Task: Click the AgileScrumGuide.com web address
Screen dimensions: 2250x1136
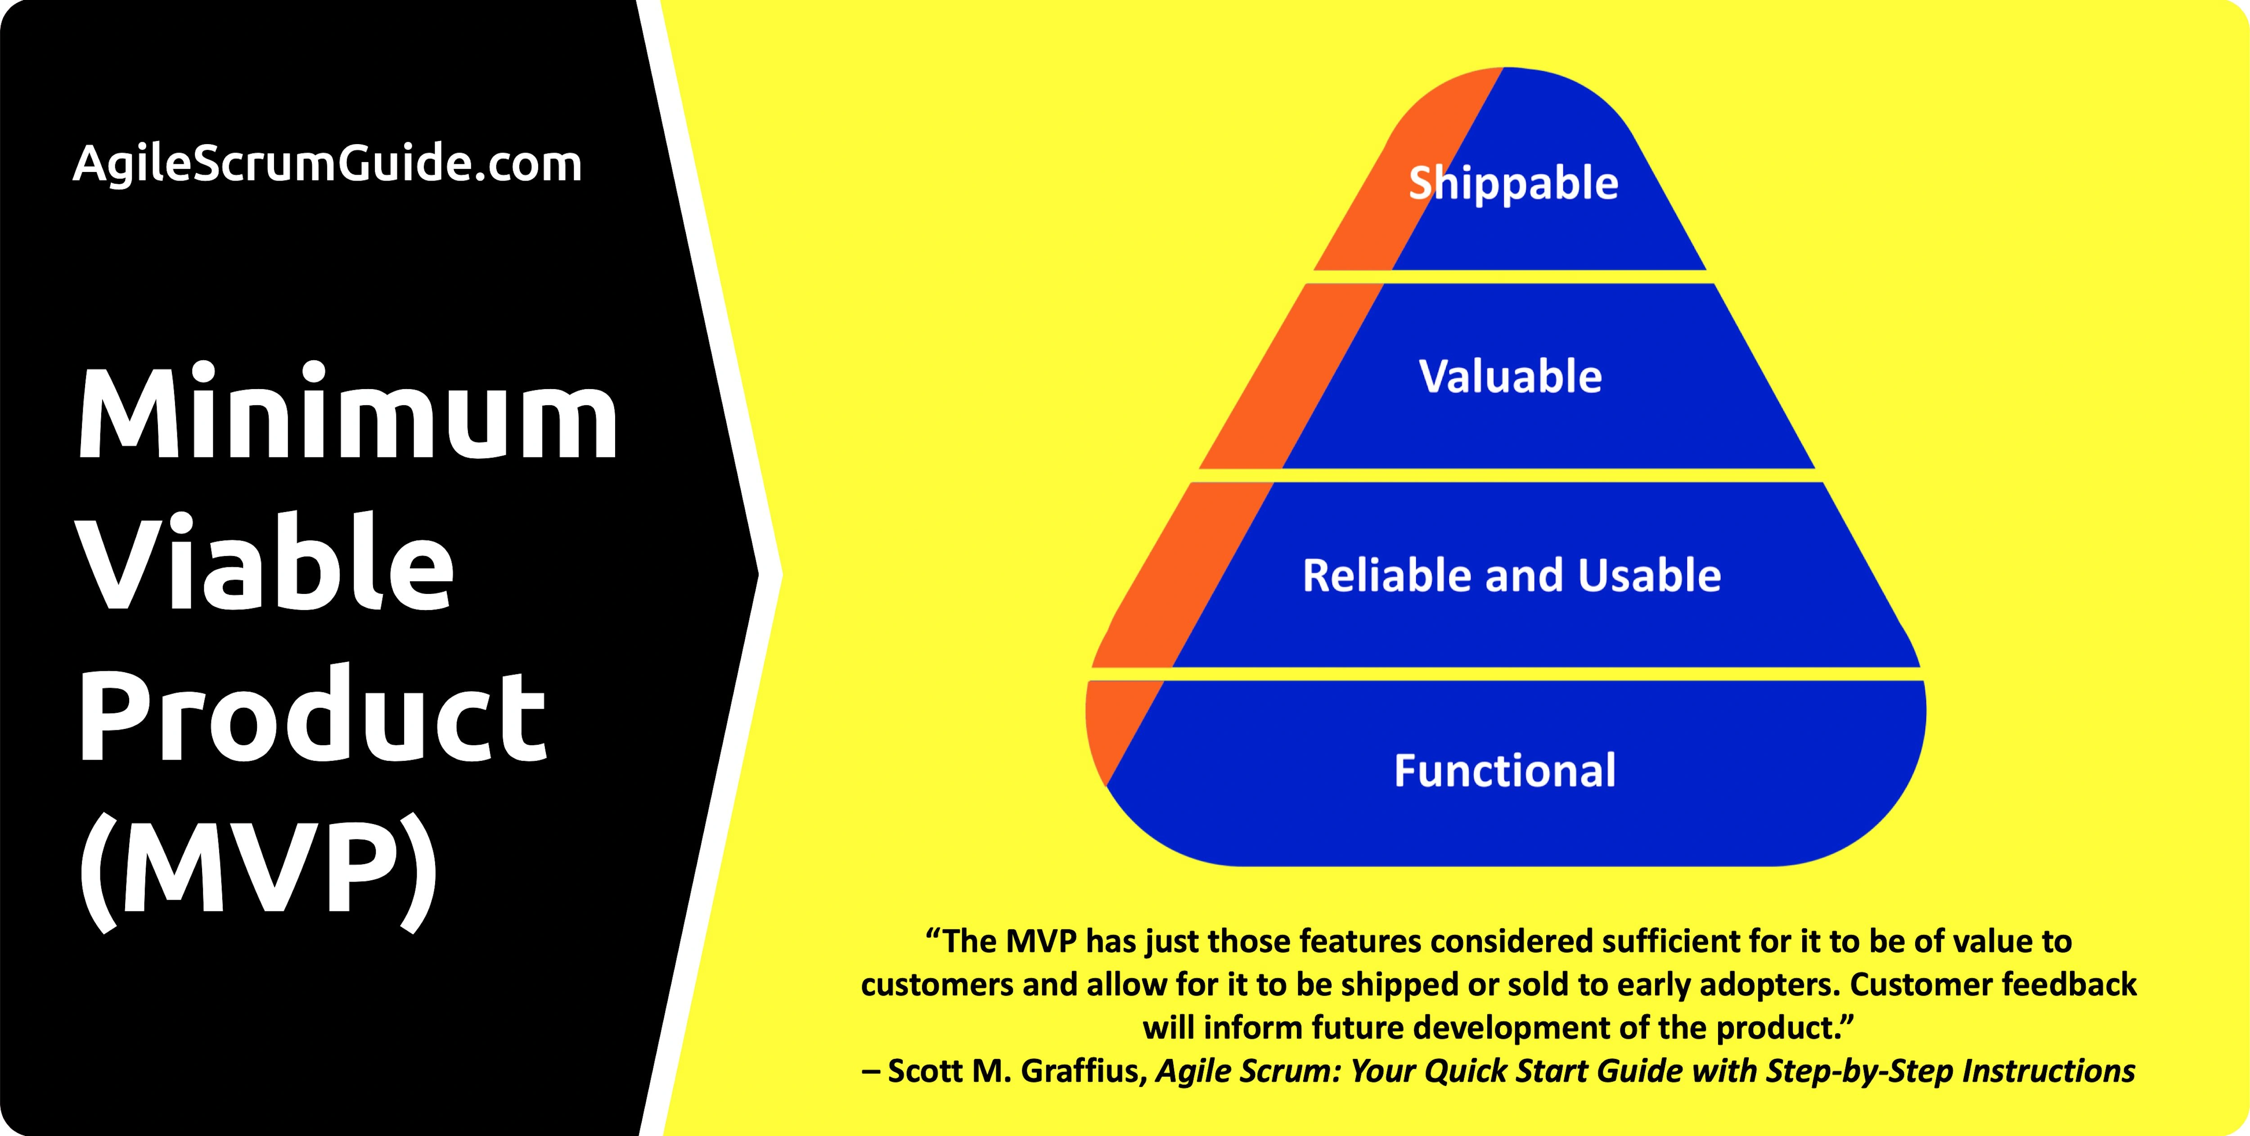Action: click(328, 164)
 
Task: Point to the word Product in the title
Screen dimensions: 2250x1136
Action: click(313, 712)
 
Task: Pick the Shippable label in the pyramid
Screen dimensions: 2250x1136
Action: click(1514, 184)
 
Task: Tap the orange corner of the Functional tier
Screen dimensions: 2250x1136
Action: click(1114, 721)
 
